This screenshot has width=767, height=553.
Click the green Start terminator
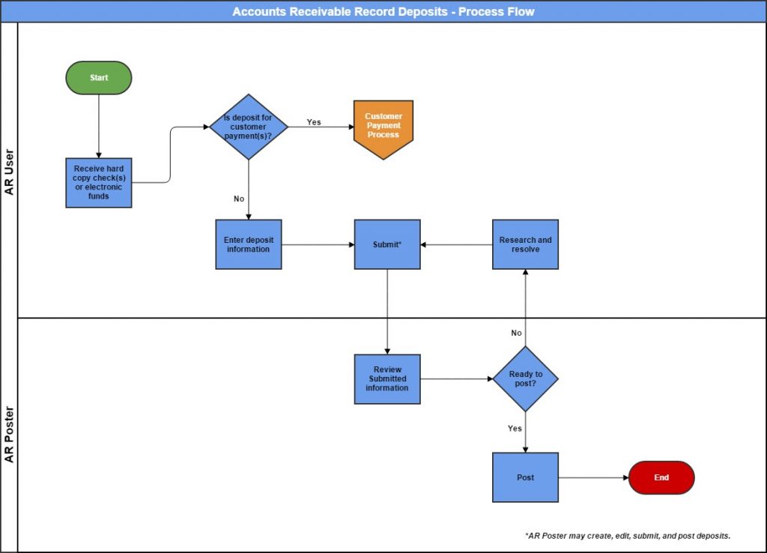99,78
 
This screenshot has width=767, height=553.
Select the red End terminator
661,477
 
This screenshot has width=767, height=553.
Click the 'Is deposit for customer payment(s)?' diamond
248,127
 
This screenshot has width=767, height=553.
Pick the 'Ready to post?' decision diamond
525,378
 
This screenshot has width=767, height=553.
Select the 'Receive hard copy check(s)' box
99,183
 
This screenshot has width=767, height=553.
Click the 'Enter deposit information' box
248,244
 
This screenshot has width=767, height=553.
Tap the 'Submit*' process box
387,244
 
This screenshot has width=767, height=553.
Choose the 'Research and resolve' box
525,244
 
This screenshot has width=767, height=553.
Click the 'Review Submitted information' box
387,378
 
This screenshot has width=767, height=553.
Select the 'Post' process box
525,477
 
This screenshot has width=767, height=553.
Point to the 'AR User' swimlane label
9,171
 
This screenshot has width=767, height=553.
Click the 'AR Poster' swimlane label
9,435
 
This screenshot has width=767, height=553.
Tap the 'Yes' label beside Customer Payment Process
314,122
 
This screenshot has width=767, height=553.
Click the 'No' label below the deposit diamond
239,199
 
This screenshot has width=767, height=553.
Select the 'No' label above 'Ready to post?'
516,333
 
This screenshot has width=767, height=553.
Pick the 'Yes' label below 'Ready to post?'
515,429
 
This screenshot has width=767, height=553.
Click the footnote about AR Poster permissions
628,536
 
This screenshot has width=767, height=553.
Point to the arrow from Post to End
593,477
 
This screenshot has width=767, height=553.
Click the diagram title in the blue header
383,11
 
